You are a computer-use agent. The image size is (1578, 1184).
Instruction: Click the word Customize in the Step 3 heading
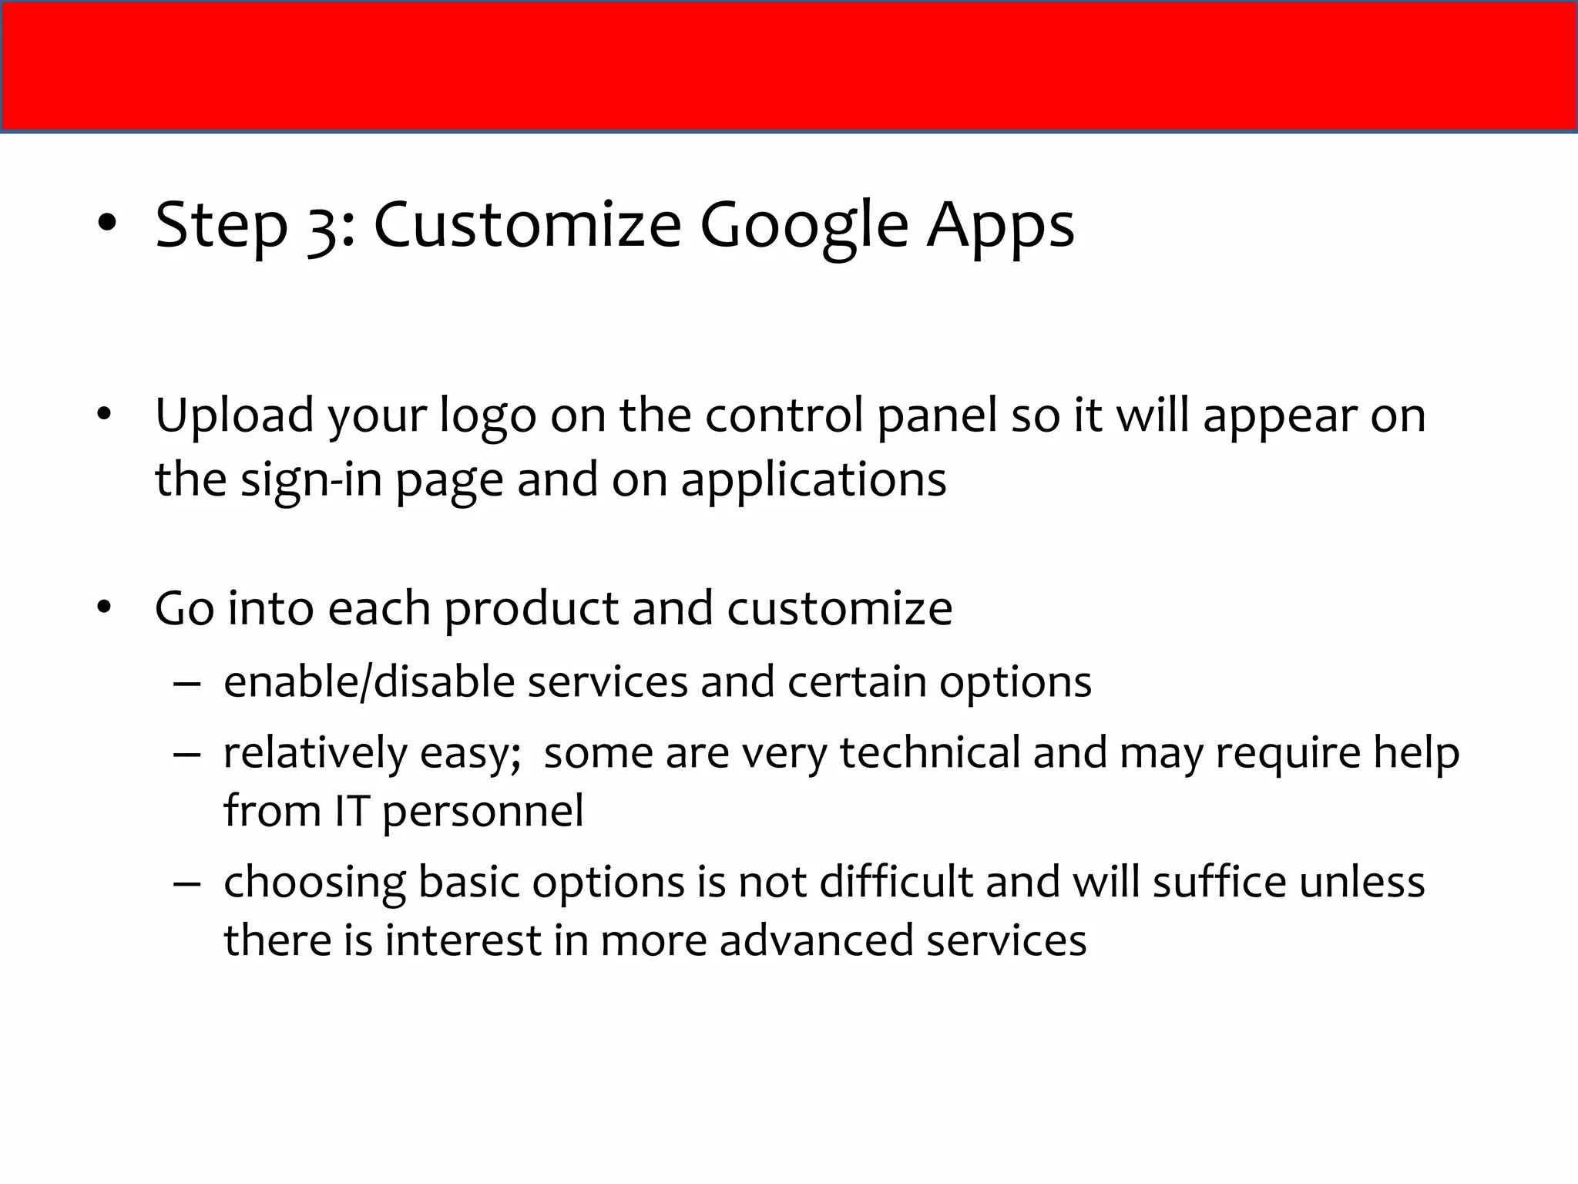[x=528, y=225]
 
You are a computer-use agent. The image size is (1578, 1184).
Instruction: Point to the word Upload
[x=234, y=416]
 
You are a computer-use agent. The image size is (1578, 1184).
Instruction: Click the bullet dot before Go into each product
[x=106, y=608]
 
